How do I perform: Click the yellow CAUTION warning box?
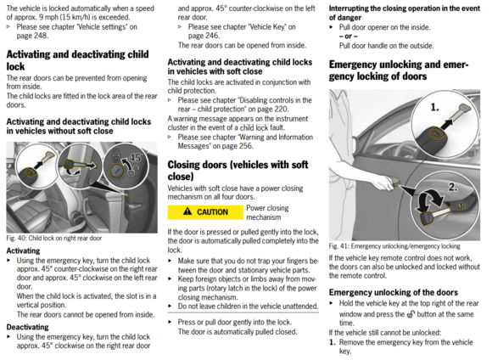point(205,212)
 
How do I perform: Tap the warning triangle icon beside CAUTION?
point(187,211)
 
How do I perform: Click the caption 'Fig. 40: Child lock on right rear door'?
point(54,238)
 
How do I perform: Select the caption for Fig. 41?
point(394,246)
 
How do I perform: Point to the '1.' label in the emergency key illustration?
point(434,108)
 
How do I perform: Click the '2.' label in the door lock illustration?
point(452,188)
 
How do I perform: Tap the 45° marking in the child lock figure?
point(136,157)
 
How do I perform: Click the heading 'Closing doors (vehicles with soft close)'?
point(238,171)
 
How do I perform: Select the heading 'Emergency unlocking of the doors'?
point(393,292)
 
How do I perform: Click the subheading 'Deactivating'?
point(27,327)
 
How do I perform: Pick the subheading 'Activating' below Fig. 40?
point(23,250)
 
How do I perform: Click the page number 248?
point(41,36)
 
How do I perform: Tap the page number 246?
point(212,36)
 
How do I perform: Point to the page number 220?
point(281,109)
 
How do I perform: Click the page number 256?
point(245,146)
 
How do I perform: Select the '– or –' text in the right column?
point(349,37)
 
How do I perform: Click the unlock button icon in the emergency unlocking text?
point(411,314)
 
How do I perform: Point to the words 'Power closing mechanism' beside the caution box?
point(267,212)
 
